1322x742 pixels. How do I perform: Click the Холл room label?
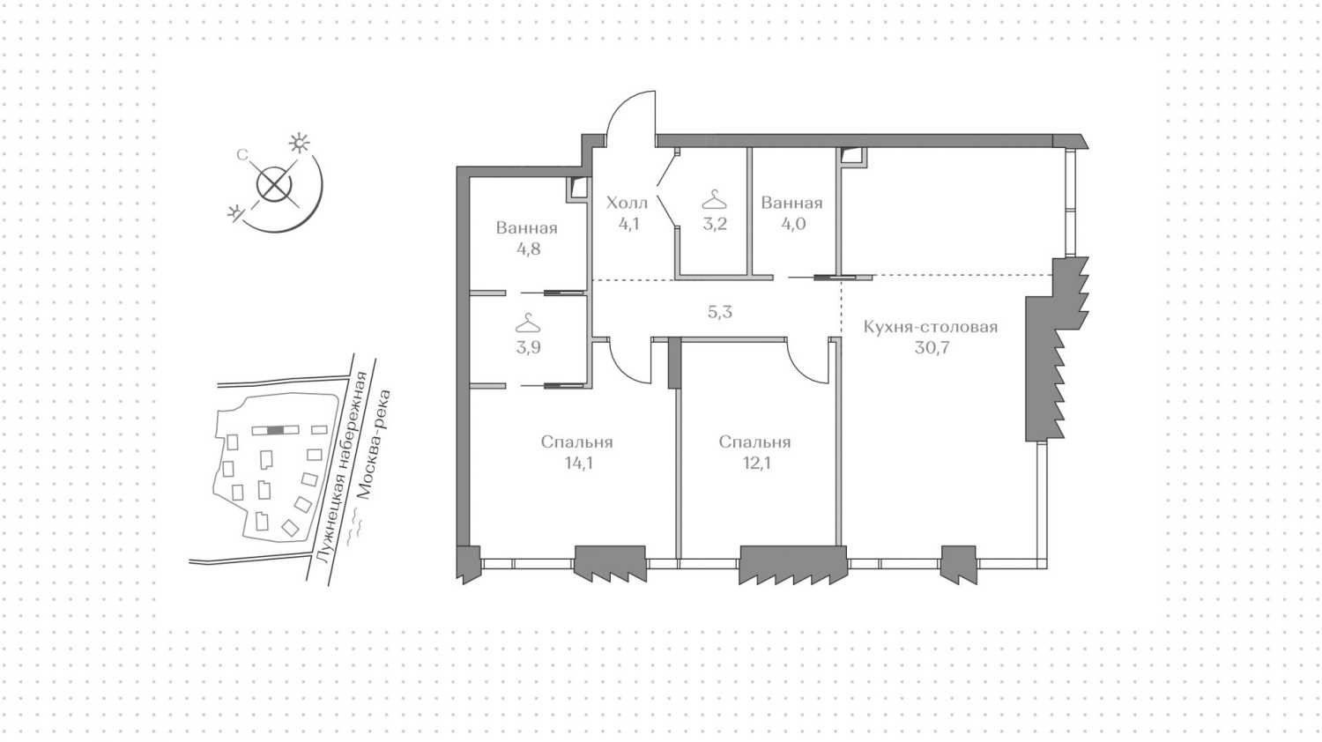point(627,203)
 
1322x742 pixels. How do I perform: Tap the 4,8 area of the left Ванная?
point(528,249)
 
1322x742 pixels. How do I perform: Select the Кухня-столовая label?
point(930,327)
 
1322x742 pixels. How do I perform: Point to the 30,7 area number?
point(932,348)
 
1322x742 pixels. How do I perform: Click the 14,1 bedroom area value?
point(578,464)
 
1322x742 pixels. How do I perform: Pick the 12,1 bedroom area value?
point(756,464)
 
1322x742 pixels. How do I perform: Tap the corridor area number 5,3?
point(720,312)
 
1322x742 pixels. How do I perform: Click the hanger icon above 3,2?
point(714,199)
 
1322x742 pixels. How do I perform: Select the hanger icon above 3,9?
point(528,323)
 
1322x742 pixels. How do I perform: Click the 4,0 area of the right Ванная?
point(793,225)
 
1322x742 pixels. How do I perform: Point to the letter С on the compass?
point(242,155)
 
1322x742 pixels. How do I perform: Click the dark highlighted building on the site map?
point(275,430)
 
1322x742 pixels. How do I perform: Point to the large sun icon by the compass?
point(300,144)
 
